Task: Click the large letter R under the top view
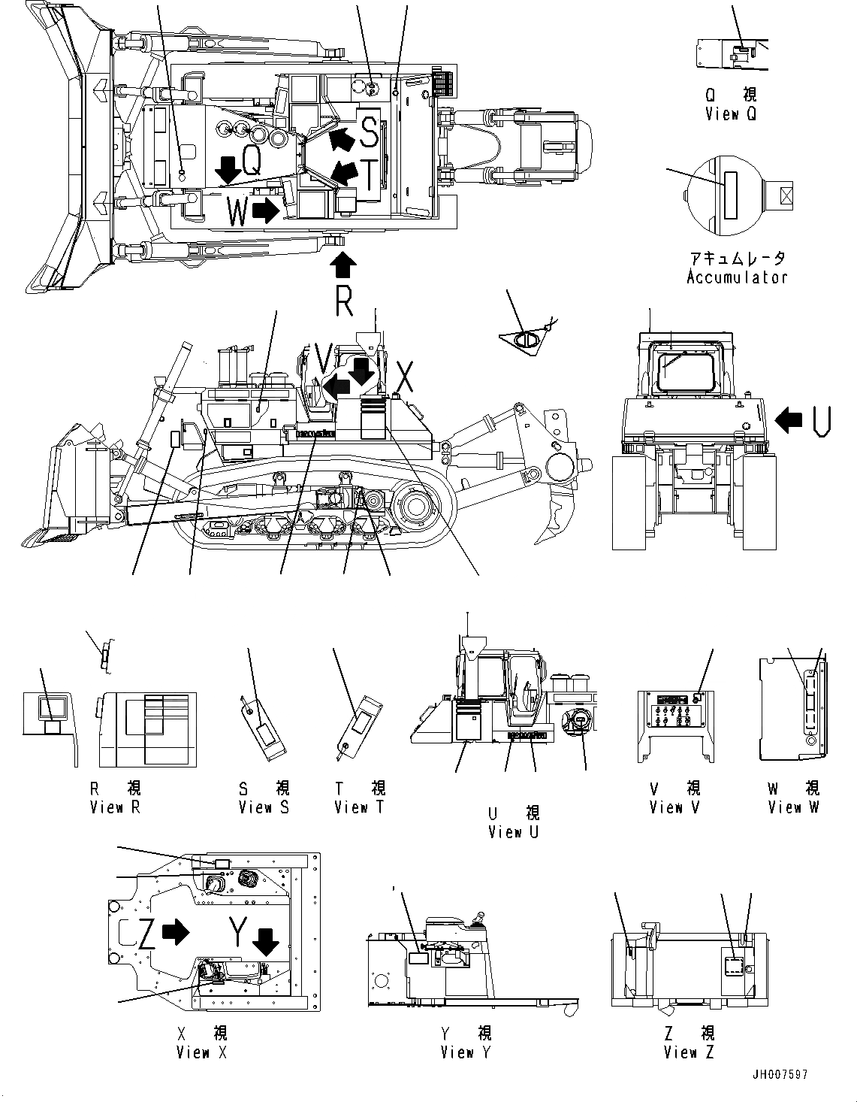click(x=343, y=302)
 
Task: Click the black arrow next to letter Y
click(x=265, y=941)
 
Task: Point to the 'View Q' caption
click(x=730, y=114)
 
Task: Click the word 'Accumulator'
click(x=737, y=277)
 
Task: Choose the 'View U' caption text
click(x=513, y=832)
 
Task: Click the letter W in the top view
click(x=237, y=213)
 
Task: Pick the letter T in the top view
click(x=370, y=175)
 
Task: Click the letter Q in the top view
click(x=252, y=161)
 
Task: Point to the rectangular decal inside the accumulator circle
click(x=729, y=193)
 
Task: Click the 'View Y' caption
click(x=466, y=1052)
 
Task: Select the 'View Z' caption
click(x=690, y=1052)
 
